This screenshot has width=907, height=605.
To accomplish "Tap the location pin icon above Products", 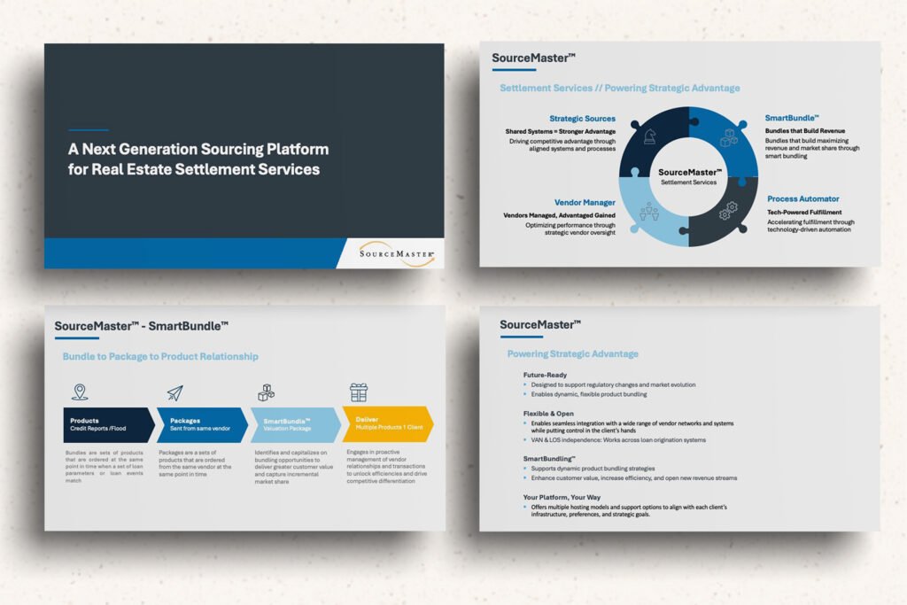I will [x=80, y=392].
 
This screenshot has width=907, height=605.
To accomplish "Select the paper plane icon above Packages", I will [x=174, y=392].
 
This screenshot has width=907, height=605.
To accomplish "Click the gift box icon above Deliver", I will [x=359, y=392].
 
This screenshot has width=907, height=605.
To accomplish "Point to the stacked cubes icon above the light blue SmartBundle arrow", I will [x=267, y=392].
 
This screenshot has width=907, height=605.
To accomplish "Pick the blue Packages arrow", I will [x=201, y=424].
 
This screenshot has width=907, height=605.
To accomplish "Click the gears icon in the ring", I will [x=727, y=211].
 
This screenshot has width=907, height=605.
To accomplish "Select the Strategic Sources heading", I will [x=582, y=119].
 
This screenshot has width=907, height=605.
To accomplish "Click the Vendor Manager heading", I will [x=585, y=203].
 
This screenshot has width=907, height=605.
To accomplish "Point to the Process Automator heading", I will [x=802, y=199].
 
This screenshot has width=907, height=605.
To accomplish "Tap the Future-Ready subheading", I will [x=545, y=375].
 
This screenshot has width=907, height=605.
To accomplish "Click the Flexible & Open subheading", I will [x=549, y=414].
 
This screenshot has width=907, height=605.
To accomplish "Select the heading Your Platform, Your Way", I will [x=562, y=498].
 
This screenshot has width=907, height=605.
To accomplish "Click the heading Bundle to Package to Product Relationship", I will [x=160, y=357].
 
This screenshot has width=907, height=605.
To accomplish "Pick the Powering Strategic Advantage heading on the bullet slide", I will [x=572, y=354].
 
